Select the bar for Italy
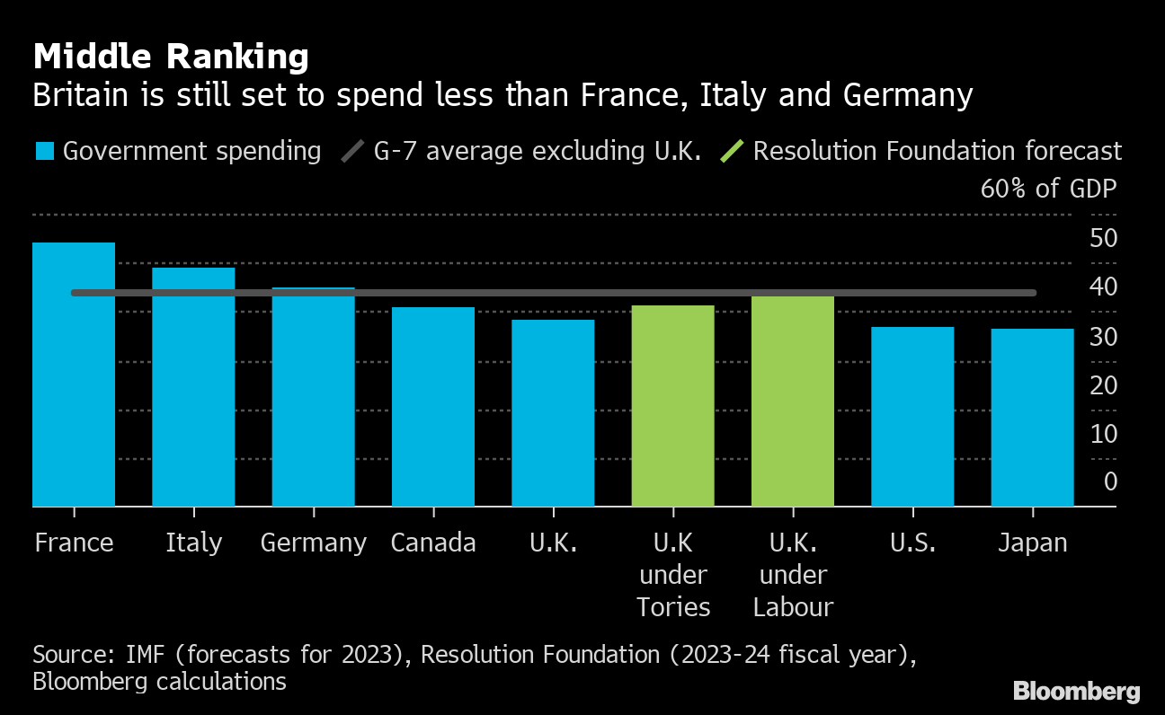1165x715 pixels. [x=193, y=387]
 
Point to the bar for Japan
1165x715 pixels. [x=1033, y=418]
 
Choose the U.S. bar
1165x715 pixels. [x=912, y=417]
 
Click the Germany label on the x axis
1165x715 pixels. [x=314, y=543]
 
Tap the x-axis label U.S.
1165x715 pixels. [x=912, y=543]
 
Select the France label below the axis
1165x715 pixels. [x=74, y=543]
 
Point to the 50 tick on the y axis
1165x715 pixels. [x=1103, y=239]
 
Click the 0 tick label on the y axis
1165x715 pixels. [x=1110, y=482]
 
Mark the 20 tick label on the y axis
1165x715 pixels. [x=1103, y=385]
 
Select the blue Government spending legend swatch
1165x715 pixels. [x=45, y=151]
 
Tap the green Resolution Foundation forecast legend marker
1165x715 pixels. [x=732, y=151]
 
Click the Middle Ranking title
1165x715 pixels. [x=171, y=57]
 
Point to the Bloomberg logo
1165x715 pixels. [x=1077, y=692]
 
